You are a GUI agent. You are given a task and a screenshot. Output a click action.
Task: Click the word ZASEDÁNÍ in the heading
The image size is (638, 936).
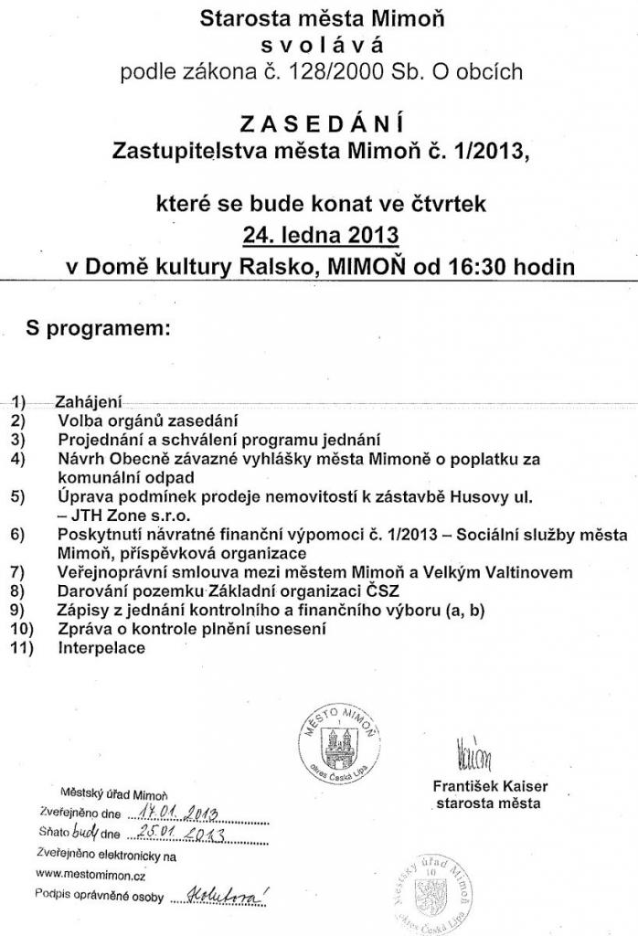tap(320, 122)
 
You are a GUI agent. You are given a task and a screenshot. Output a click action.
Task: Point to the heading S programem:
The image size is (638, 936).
tap(98, 328)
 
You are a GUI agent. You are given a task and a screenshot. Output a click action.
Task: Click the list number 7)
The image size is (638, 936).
tap(19, 572)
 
